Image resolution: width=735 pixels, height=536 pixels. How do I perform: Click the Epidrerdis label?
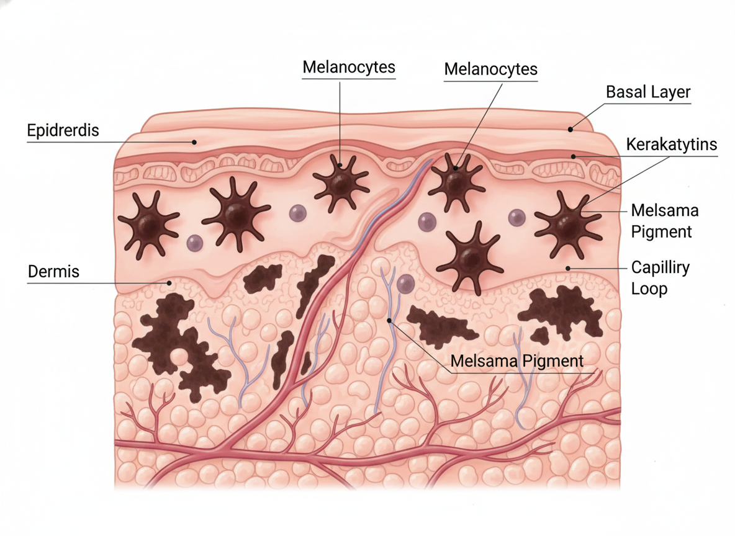pos(63,131)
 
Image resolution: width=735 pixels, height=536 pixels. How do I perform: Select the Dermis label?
pos(53,272)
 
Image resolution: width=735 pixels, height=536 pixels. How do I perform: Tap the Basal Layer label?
pos(648,92)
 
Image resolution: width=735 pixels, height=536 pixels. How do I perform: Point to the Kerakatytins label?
pos(672,145)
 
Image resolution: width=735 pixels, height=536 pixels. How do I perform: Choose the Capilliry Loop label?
pos(660,279)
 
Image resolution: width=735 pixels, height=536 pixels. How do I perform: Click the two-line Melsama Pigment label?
pos(664,221)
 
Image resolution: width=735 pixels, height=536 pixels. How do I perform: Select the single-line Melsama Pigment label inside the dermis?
pos(517,361)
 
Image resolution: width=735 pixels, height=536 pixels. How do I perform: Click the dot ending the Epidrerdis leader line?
pos(194,142)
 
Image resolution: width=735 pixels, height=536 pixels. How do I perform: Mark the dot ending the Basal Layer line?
pos(570,129)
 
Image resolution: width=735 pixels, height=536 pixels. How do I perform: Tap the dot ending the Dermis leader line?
pos(169,283)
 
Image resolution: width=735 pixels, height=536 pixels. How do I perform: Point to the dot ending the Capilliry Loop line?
pos(568,267)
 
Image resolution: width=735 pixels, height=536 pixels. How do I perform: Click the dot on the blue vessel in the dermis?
pos(389,320)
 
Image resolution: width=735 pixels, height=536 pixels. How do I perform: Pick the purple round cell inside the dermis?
pos(405,284)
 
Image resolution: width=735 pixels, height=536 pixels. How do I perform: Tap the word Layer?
pos(670,92)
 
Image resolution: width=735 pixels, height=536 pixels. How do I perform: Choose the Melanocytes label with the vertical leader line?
pos(349,66)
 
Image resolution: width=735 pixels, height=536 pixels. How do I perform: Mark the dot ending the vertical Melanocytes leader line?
pos(341,164)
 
